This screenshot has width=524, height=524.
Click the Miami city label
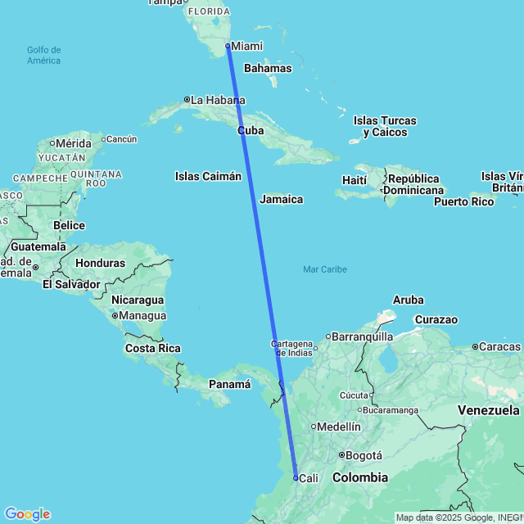(x=247, y=46)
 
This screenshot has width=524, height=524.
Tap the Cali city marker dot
(x=296, y=477)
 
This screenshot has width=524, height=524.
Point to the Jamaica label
(x=281, y=199)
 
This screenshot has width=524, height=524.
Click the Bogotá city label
(x=364, y=455)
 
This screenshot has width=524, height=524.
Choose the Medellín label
(x=339, y=427)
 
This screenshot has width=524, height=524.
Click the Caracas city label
(x=500, y=347)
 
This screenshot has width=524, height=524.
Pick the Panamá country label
(x=229, y=384)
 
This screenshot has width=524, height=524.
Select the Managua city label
(x=143, y=315)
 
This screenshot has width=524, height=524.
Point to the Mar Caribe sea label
(x=324, y=269)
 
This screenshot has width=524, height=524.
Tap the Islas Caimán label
(x=208, y=176)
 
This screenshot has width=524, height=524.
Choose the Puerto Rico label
(x=464, y=201)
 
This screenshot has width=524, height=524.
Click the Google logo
(x=27, y=514)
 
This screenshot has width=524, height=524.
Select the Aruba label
(x=408, y=300)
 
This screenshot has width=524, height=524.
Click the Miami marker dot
(x=228, y=46)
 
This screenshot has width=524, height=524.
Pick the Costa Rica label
(x=152, y=349)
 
